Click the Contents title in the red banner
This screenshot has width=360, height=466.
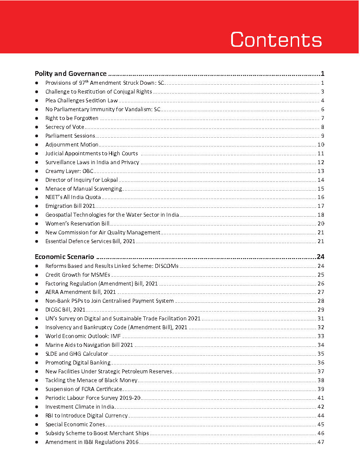[276, 39]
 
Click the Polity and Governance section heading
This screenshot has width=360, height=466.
[71, 74]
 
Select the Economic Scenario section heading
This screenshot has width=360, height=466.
[64, 257]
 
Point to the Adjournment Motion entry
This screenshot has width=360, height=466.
[71, 145]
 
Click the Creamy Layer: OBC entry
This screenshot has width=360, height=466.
[69, 171]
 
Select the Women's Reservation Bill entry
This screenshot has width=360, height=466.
[77, 224]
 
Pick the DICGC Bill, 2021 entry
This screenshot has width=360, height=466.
[65, 310]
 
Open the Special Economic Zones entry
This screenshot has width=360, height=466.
[75, 425]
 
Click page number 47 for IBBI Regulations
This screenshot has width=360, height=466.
[321, 442]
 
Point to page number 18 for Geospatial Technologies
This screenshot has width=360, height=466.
[321, 215]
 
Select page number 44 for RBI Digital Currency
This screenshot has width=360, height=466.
[321, 416]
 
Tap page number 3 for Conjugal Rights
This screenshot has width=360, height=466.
[322, 92]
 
